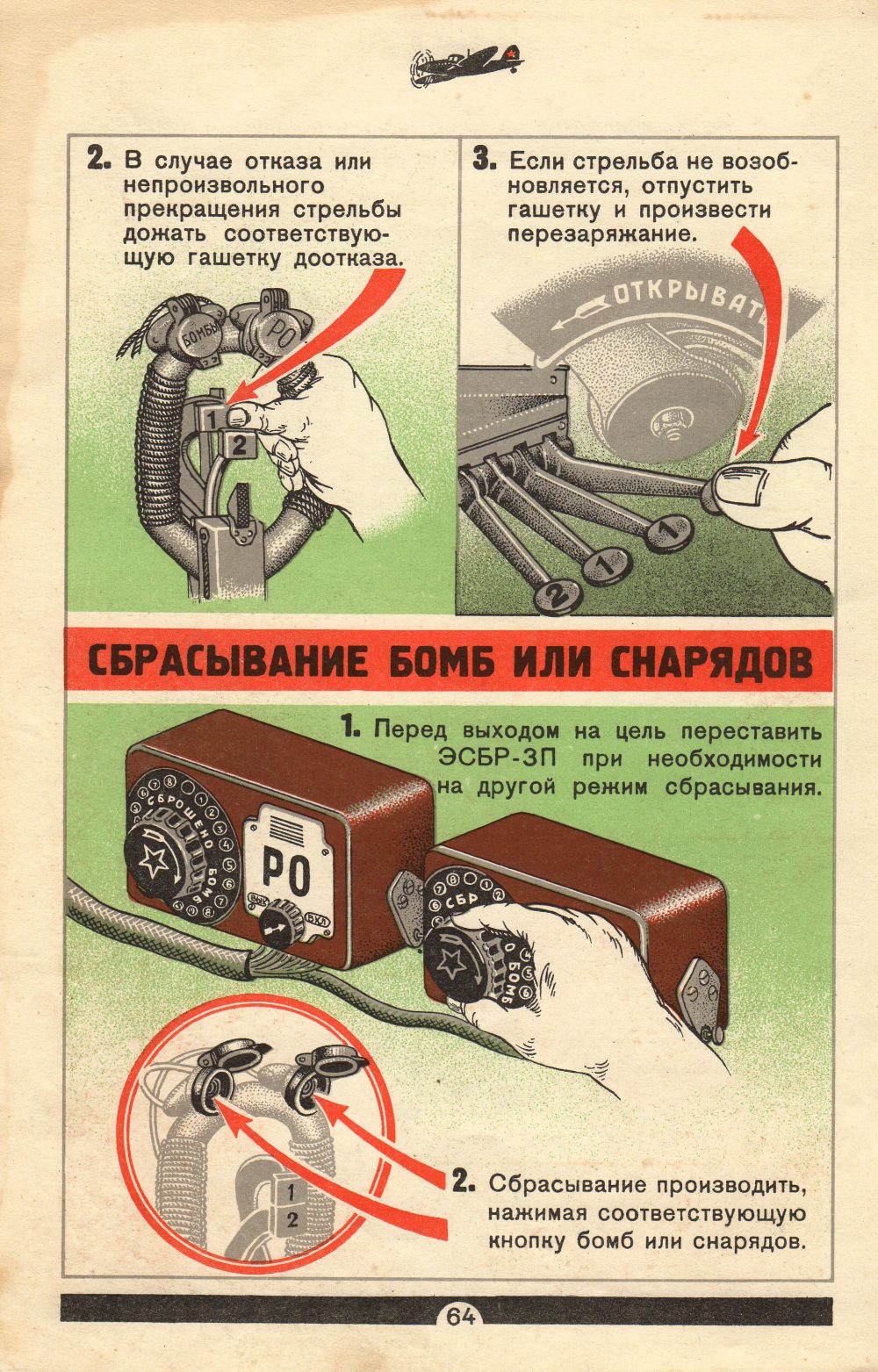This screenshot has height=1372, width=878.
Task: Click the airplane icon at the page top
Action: click(465, 64)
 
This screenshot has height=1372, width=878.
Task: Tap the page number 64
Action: click(461, 1317)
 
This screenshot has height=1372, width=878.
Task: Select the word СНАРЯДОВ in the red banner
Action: click(711, 661)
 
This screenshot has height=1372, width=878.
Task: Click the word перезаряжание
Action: click(602, 235)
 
